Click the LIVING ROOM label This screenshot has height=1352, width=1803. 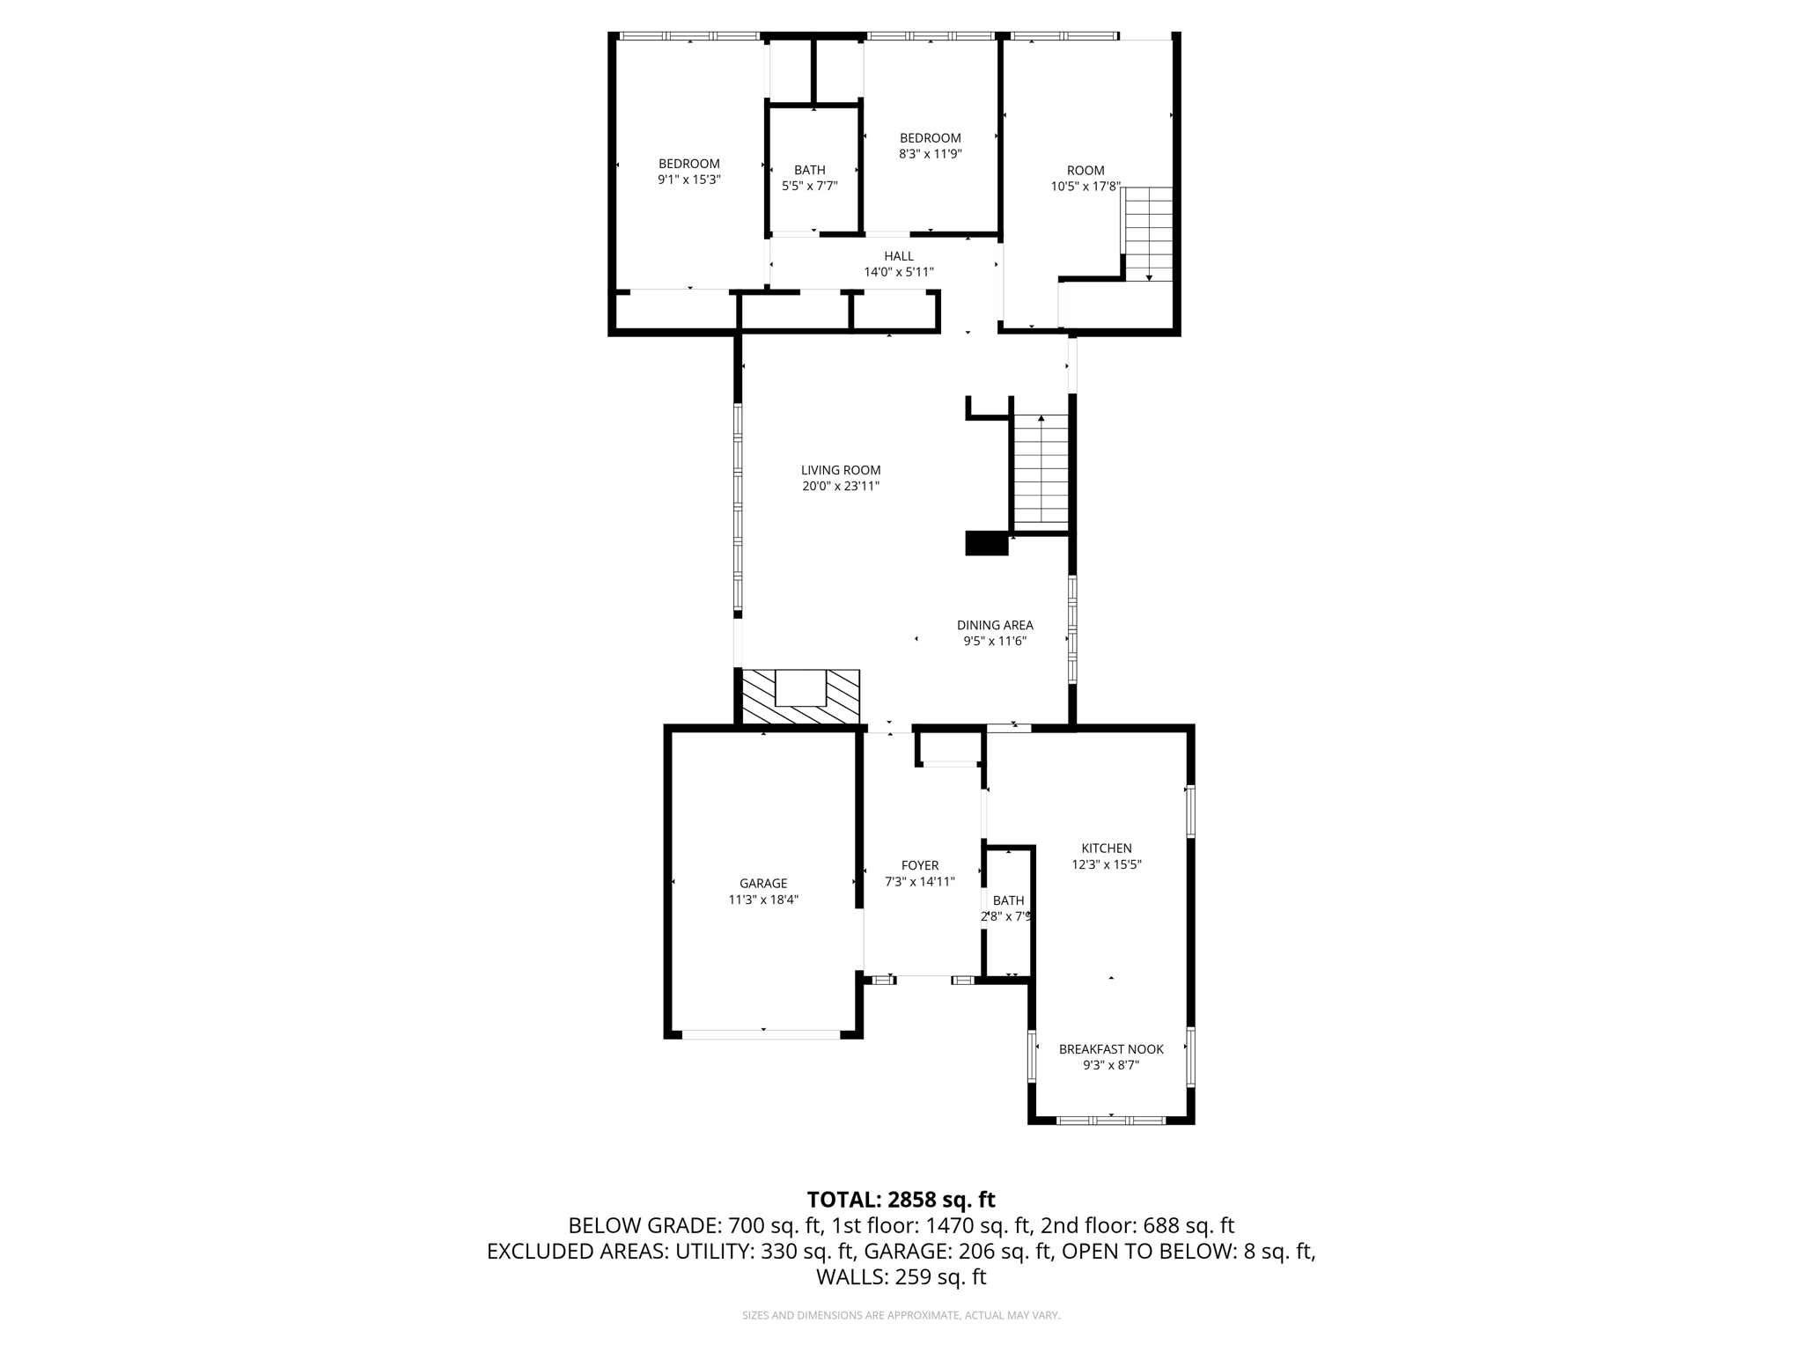click(x=840, y=470)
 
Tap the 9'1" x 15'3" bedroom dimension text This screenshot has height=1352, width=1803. click(x=688, y=180)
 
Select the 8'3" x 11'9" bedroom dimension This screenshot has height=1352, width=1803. click(x=930, y=154)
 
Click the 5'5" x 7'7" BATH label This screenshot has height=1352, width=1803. click(x=809, y=170)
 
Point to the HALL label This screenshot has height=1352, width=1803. click(x=899, y=256)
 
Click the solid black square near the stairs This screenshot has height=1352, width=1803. click(x=986, y=543)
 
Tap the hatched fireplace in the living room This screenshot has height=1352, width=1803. click(x=800, y=697)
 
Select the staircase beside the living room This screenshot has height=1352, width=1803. click(x=1041, y=471)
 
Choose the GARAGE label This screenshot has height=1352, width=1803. click(x=762, y=884)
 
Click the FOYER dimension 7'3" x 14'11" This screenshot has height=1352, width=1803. click(x=919, y=881)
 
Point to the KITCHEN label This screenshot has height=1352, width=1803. click(x=1106, y=849)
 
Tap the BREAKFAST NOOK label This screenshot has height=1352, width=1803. click(x=1110, y=1049)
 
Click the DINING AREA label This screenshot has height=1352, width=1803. click(x=995, y=625)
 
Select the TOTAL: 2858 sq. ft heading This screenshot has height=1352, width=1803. click(x=901, y=1199)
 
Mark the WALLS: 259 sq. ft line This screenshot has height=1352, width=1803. click(x=901, y=1277)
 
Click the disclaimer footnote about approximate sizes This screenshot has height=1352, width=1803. click(x=901, y=1315)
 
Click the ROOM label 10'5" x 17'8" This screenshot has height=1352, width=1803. click(x=1085, y=171)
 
